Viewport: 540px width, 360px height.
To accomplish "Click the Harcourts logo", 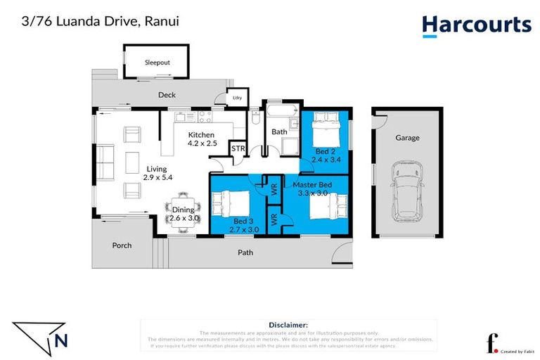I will click(x=476, y=26).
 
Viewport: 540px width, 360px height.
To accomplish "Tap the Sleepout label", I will click(x=157, y=63).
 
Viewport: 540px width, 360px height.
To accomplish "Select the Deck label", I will click(x=167, y=94).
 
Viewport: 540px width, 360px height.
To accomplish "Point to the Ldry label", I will click(x=237, y=98).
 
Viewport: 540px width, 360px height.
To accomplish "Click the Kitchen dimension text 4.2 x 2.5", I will click(x=201, y=143).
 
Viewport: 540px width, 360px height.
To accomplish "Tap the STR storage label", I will click(x=238, y=149).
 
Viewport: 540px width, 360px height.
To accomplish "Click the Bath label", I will click(x=279, y=131).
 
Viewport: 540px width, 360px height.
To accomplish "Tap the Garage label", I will click(x=407, y=138).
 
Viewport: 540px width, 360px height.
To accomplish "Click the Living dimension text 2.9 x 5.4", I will click(x=157, y=178).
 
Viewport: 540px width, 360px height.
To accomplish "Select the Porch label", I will click(x=122, y=245).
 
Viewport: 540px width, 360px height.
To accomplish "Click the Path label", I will click(x=245, y=252).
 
